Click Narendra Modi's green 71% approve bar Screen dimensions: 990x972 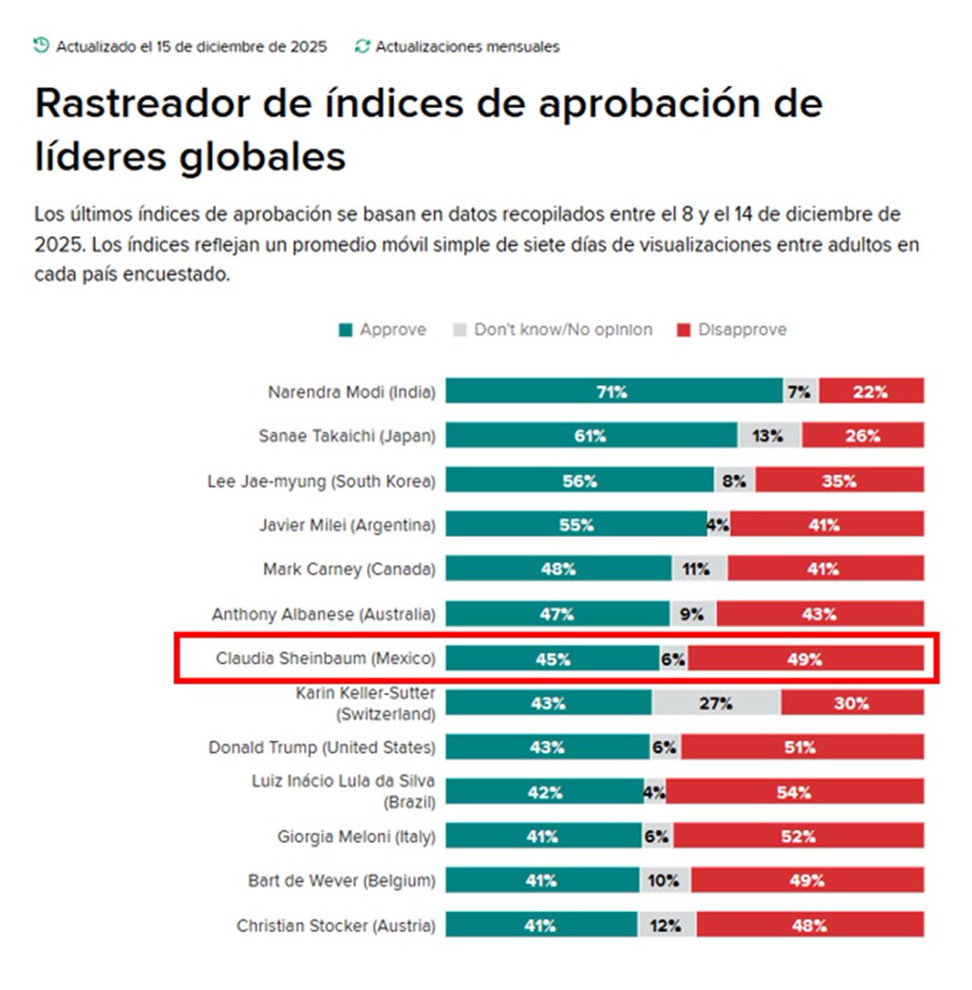pos(613,391)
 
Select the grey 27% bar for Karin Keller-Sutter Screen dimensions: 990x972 pos(715,703)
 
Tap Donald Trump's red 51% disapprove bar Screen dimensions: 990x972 pos(801,747)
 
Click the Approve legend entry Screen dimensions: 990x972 pos(383,330)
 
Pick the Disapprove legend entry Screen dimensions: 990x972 pos(732,330)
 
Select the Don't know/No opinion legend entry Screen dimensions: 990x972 pos(553,330)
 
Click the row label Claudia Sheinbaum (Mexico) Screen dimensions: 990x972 pos(325,658)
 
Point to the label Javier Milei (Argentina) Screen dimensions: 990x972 pos(347,525)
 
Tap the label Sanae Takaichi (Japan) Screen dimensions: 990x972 pos(347,436)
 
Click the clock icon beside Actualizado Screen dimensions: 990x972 pos(41,45)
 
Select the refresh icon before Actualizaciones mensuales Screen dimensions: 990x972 pos(362,46)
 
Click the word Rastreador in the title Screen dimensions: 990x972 pos(142,105)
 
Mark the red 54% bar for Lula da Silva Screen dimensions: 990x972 pos(795,792)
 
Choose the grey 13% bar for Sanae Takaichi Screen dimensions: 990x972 pos(768,436)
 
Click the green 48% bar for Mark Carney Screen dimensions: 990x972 pos(559,569)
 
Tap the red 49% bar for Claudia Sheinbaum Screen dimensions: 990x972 pos(805,658)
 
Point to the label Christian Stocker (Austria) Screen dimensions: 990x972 pos(335,926)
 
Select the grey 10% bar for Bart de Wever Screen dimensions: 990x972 pos(665,880)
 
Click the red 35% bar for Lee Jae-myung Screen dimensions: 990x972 pos(839,480)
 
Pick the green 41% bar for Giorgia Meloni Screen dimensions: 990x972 pos(542,837)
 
